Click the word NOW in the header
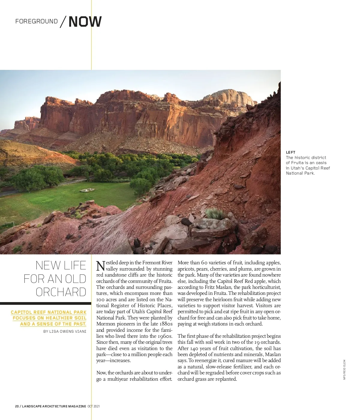coord(85,22)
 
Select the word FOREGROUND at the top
coord(36,21)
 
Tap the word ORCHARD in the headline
coord(61,292)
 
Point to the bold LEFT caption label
coord(290,152)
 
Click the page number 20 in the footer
coord(17,406)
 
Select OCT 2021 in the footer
coord(94,406)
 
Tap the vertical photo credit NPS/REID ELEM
coord(344,370)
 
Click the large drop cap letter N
coord(100,265)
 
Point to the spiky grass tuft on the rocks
coord(215,214)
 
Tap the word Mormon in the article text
coord(104,324)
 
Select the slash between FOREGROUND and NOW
coord(63,22)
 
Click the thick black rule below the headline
coord(45,303)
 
